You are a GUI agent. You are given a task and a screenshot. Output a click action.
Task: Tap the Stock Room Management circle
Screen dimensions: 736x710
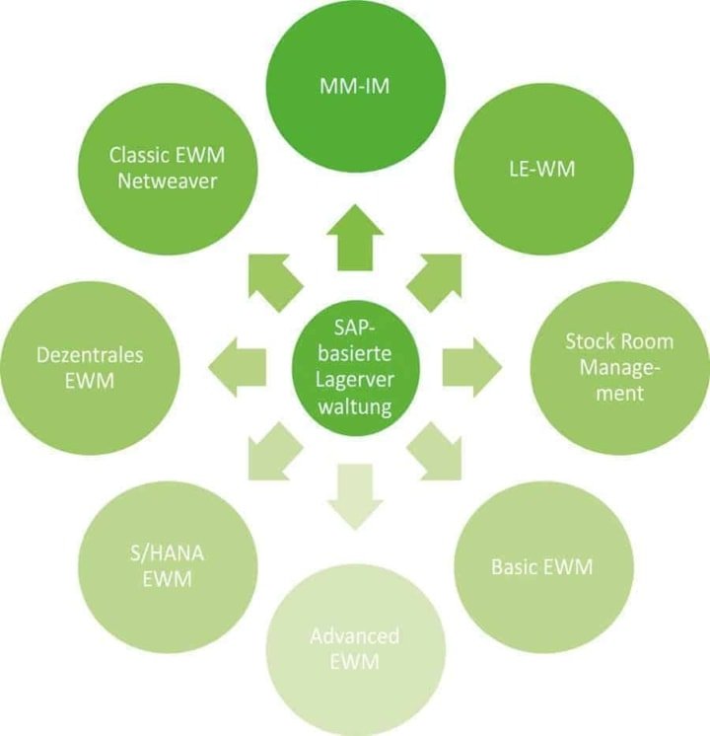coord(618,367)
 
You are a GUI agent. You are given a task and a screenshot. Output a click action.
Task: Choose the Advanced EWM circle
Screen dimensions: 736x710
coord(356,646)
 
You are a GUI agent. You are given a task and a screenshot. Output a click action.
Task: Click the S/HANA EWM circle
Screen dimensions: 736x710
coord(167,566)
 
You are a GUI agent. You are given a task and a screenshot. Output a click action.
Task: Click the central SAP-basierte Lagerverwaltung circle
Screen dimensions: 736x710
coord(356,367)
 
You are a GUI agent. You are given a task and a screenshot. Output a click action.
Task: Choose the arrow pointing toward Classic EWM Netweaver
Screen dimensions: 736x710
coord(273,279)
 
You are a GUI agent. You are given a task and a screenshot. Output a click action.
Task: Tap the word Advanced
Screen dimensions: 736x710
coord(356,633)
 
